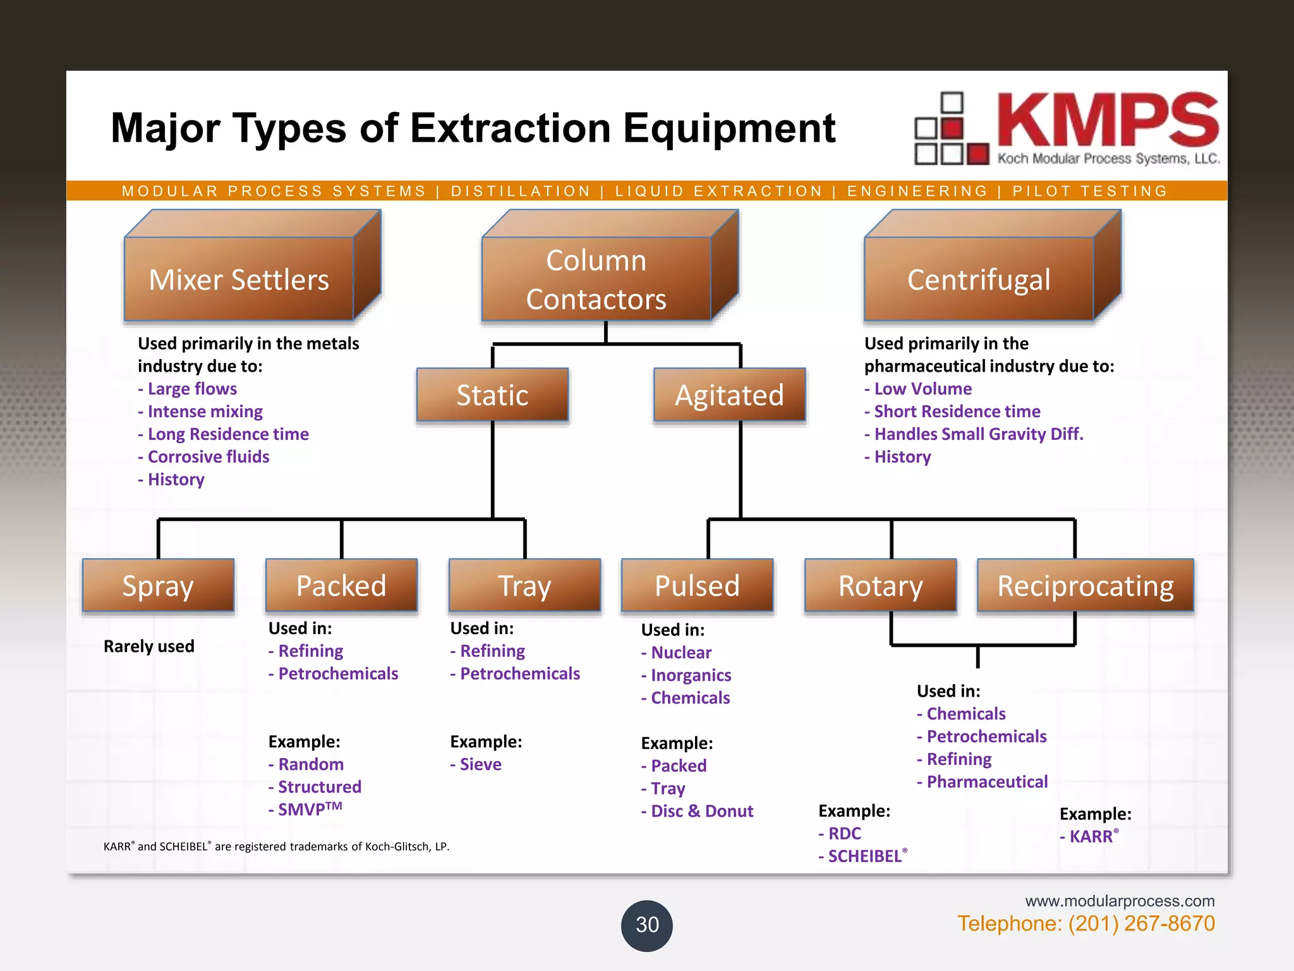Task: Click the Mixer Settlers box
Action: (239, 279)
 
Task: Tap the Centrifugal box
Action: (979, 279)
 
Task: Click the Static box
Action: (492, 395)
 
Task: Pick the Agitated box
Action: (729, 395)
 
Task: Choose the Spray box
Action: (158, 585)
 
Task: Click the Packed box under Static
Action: (341, 585)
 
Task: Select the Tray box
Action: (524, 585)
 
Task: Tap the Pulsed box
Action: (697, 585)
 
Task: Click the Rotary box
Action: (880, 585)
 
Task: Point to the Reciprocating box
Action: (1085, 585)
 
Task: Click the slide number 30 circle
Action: (647, 925)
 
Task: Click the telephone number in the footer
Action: (1085, 924)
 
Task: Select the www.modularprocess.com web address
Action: (1120, 901)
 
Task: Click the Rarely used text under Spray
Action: (149, 646)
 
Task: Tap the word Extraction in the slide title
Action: (511, 128)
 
